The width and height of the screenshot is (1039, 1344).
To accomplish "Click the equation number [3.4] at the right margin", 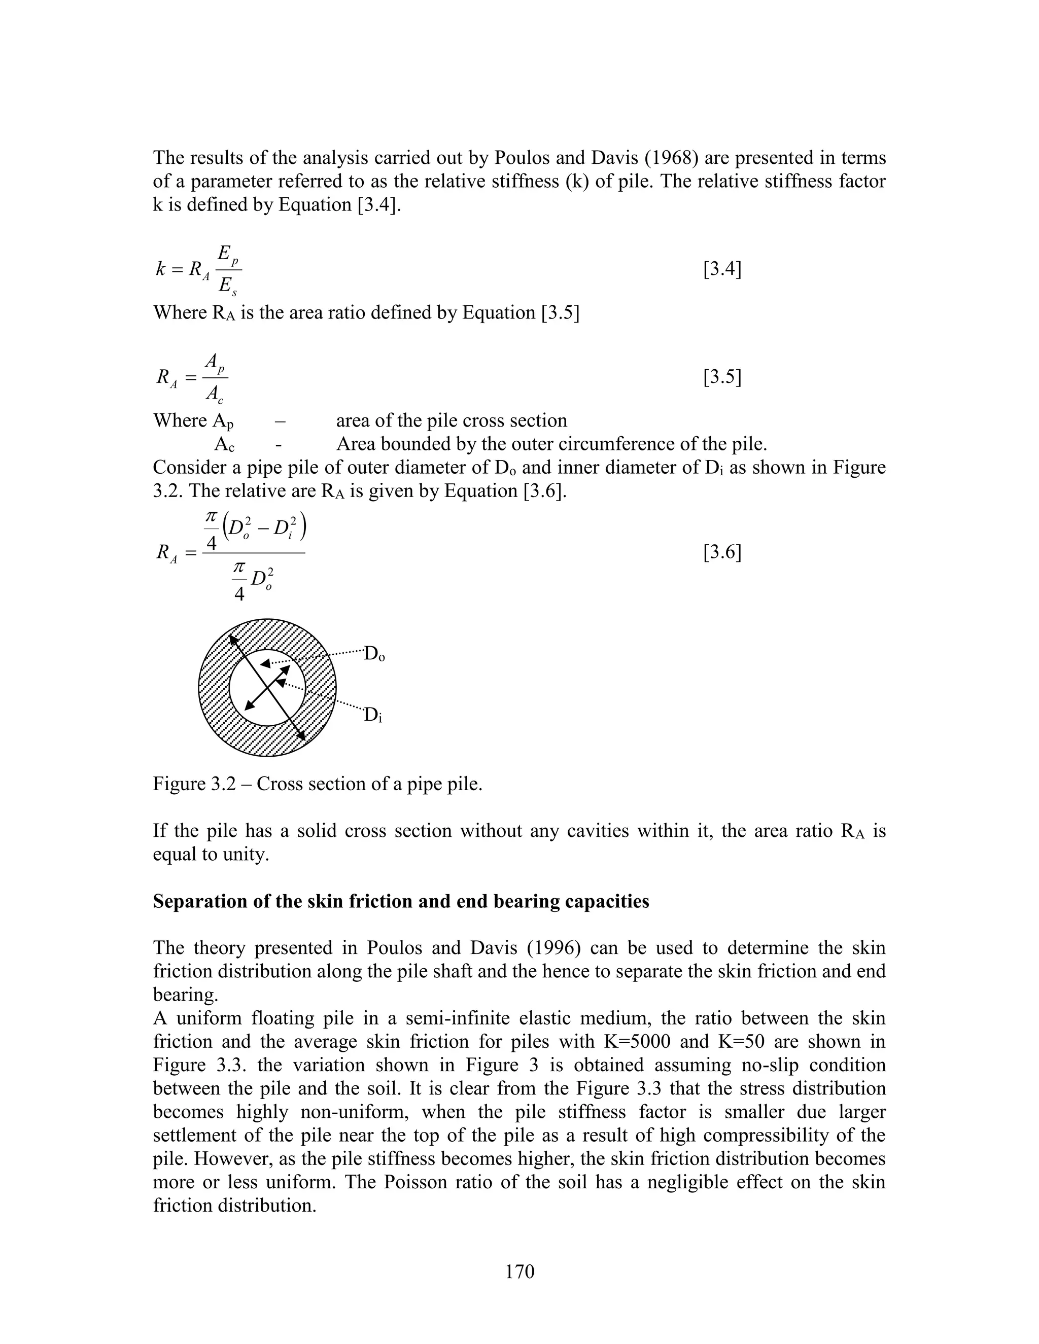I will pyautogui.click(x=721, y=269).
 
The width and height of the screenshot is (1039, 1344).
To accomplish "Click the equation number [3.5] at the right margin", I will pyautogui.click(x=721, y=377).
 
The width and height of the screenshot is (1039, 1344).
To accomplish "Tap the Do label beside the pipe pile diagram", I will pyautogui.click(x=374, y=654).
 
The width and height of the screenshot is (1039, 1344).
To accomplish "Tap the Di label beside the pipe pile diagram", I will pyautogui.click(x=373, y=715).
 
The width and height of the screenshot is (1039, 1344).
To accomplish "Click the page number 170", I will pyautogui.click(x=519, y=1271).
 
